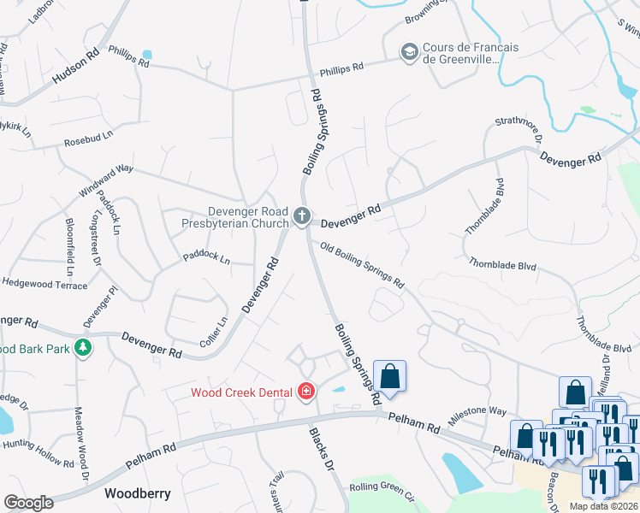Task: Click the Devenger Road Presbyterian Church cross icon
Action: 301,217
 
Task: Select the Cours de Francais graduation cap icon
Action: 409,53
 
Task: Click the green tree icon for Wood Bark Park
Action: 83,348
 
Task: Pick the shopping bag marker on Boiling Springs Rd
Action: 389,376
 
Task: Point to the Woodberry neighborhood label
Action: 138,493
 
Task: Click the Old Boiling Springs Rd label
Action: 361,265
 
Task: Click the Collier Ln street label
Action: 219,333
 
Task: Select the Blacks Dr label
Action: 318,449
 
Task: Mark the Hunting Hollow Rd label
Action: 39,452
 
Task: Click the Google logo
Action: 28,503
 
